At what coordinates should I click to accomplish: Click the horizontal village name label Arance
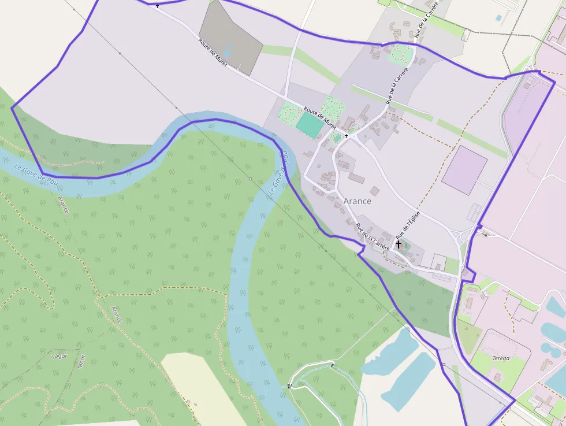[358, 201]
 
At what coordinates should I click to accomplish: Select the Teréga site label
[501, 358]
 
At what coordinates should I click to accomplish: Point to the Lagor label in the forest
[60, 356]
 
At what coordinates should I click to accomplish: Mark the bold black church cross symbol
[399, 245]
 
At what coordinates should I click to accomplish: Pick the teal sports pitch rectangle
[311, 125]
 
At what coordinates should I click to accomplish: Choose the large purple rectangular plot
[464, 169]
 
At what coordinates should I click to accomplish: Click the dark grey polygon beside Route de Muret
[231, 36]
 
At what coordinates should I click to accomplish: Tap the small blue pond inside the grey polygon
[228, 51]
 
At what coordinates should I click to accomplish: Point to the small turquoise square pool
[498, 18]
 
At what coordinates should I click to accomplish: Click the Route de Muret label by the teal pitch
[320, 117]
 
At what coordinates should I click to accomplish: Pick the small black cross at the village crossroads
[346, 136]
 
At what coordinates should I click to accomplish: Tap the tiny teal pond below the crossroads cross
[337, 139]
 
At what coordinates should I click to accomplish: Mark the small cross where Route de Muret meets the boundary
[157, 6]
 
